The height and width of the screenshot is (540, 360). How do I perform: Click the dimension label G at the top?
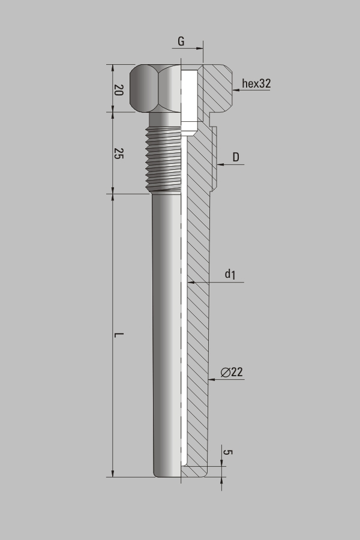click(181, 41)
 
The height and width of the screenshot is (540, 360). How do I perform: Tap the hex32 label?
click(256, 83)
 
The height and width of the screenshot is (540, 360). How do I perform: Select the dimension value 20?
click(119, 90)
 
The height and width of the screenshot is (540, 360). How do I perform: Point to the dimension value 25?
click(119, 153)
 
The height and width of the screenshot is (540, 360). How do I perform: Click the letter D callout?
click(236, 157)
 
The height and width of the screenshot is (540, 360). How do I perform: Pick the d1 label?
click(230, 274)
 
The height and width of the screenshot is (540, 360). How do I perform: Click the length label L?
click(119, 335)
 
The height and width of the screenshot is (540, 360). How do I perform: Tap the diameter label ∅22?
click(232, 372)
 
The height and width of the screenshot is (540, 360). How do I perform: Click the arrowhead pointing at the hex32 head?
click(236, 90)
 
